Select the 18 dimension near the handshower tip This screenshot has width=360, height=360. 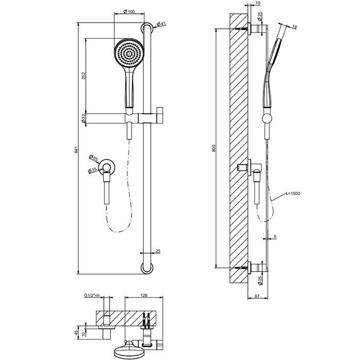pyautogui.click(x=294, y=26)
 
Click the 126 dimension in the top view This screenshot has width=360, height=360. pyautogui.click(x=144, y=296)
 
